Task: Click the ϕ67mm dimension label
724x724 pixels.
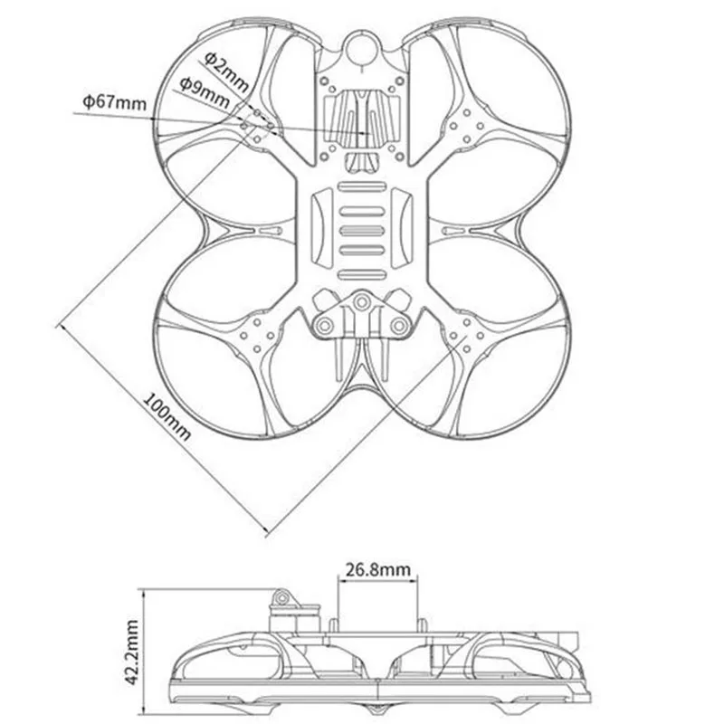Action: (115, 101)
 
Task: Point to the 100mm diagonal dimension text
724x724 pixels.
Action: (167, 416)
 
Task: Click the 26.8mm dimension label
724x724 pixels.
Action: (377, 569)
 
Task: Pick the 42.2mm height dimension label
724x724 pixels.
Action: (132, 653)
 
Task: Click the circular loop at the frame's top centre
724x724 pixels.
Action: (363, 46)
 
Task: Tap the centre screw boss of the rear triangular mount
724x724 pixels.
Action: (360, 303)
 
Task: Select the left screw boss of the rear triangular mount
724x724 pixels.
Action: (325, 327)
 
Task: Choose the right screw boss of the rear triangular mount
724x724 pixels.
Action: (398, 327)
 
